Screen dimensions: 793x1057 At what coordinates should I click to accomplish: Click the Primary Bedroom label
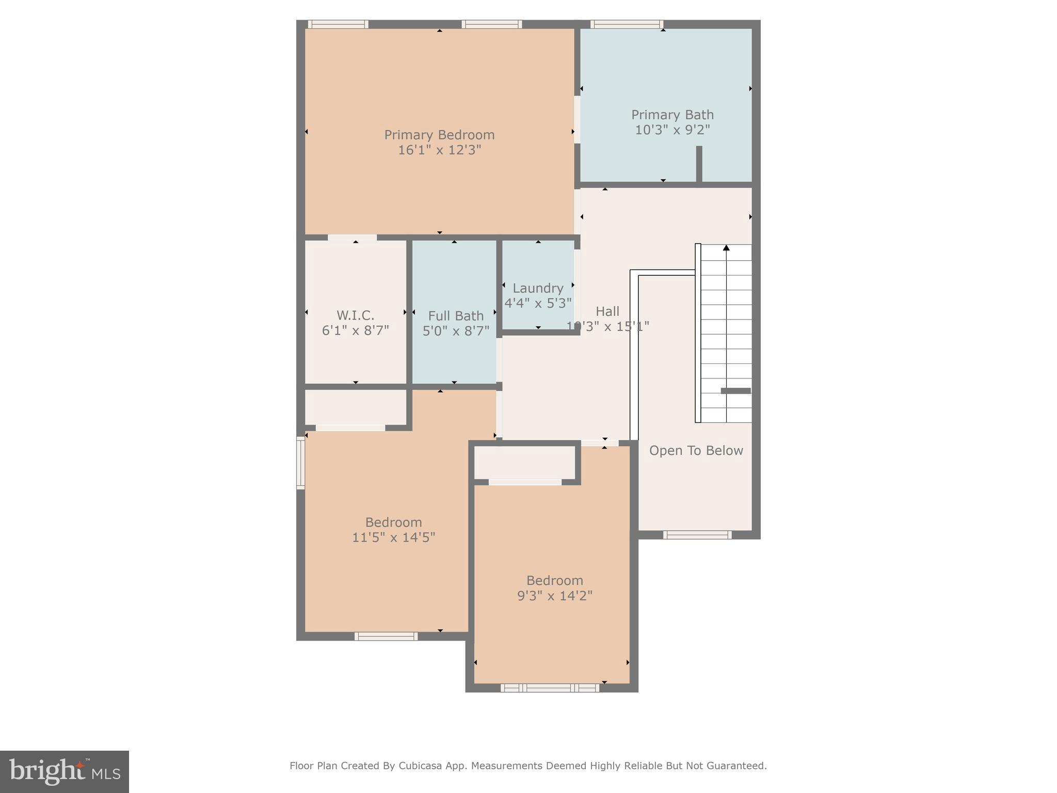(x=439, y=135)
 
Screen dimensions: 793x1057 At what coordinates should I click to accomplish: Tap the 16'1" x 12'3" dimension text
(x=439, y=150)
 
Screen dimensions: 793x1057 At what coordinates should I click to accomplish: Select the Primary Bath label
(x=672, y=115)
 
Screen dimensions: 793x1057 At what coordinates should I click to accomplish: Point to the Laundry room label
(x=538, y=288)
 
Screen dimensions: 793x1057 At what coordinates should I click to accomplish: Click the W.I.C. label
(x=355, y=315)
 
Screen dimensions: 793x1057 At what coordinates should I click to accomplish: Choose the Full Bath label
(x=456, y=315)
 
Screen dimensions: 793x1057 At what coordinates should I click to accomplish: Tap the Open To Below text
(x=696, y=451)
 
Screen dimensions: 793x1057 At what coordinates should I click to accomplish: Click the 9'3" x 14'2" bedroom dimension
(x=554, y=596)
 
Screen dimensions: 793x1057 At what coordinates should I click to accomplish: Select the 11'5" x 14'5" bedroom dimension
(x=393, y=537)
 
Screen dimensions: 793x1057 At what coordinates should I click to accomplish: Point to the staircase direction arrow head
(x=726, y=248)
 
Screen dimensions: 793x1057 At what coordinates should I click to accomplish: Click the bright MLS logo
(x=65, y=772)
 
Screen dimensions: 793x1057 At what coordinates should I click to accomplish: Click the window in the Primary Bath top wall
(x=627, y=24)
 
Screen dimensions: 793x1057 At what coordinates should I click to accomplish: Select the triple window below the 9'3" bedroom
(x=550, y=688)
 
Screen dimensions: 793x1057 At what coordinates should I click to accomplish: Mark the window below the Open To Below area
(x=697, y=535)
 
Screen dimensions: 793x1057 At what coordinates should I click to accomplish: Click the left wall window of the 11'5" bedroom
(x=300, y=463)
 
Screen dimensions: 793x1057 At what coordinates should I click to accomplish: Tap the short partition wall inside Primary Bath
(x=699, y=164)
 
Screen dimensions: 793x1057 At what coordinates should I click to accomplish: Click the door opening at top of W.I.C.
(x=352, y=237)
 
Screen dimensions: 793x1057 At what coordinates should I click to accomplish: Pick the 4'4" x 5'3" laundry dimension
(x=538, y=303)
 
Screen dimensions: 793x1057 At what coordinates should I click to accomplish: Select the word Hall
(x=607, y=311)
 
